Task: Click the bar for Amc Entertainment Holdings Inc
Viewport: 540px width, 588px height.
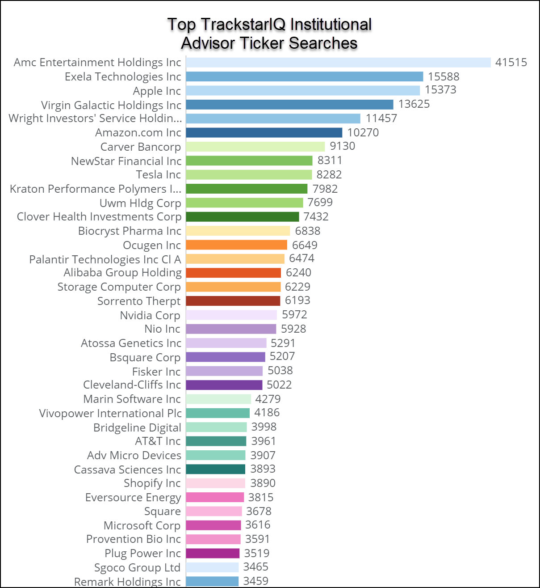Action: pos(338,62)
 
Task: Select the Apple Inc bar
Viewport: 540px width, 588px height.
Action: pos(303,90)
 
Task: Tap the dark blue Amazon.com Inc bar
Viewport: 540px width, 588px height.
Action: pos(264,132)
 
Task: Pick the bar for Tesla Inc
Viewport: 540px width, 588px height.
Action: pos(249,174)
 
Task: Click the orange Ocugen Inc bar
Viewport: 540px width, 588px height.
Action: pos(236,245)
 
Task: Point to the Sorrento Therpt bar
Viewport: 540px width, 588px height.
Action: pos(233,301)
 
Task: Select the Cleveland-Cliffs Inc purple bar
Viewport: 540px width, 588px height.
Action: pos(224,385)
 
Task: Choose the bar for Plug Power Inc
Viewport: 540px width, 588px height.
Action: pos(213,554)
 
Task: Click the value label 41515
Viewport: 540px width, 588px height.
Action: pos(511,62)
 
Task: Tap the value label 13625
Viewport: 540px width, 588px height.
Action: pos(414,104)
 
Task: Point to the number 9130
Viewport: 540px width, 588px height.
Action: pos(343,146)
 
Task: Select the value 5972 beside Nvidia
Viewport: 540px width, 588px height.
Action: pos(294,315)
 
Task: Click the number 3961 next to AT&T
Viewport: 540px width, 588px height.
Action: pos(264,441)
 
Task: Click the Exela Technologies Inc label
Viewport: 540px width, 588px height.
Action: pos(123,77)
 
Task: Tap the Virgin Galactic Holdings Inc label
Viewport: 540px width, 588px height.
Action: pos(111,105)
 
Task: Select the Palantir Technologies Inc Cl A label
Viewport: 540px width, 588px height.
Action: pos(105,260)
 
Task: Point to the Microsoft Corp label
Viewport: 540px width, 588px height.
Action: pos(142,525)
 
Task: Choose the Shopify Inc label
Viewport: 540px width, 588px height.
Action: pos(152,483)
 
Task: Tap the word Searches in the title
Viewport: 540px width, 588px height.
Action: pos(323,43)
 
